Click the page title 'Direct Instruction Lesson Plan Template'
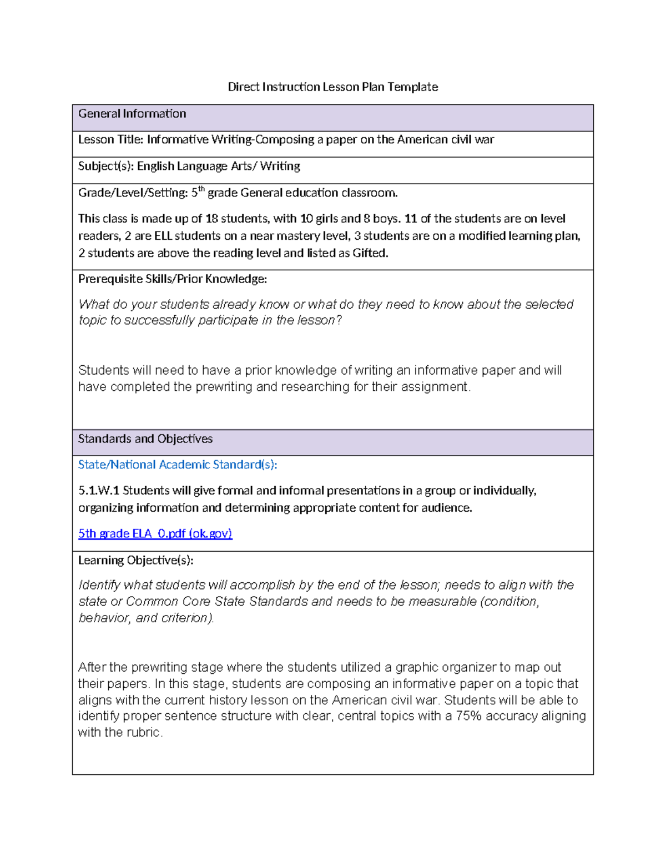click(x=332, y=87)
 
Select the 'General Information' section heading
click(x=132, y=114)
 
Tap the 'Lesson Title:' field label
click(x=110, y=140)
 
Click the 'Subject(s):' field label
click(x=106, y=166)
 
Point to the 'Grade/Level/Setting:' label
click(x=133, y=193)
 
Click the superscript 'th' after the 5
click(x=201, y=189)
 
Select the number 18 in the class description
click(x=211, y=219)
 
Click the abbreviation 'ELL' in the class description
click(x=163, y=236)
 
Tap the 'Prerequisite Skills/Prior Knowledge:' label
click(x=172, y=279)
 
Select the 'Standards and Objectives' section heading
click(x=145, y=439)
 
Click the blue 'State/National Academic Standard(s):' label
click(x=177, y=465)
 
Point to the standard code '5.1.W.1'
click(x=99, y=491)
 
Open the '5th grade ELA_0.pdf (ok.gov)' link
click(x=155, y=533)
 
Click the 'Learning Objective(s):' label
click(x=135, y=560)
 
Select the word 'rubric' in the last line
click(x=143, y=733)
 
